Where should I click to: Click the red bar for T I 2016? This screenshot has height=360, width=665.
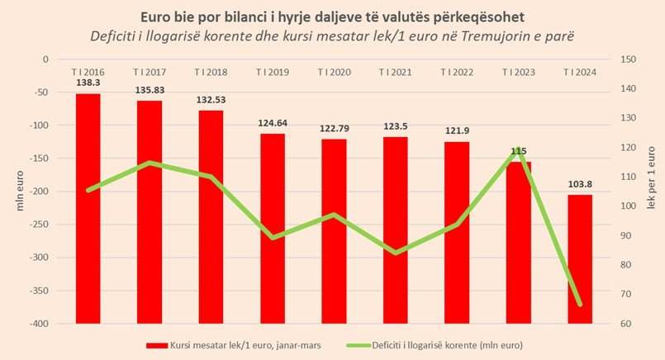click(x=88, y=206)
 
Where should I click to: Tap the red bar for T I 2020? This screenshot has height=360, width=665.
click(x=334, y=231)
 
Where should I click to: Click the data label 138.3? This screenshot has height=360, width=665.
click(x=88, y=84)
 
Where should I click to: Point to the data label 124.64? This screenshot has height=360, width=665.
click(x=273, y=125)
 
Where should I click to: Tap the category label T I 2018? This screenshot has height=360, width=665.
click(x=211, y=73)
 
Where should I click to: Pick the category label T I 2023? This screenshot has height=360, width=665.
click(x=518, y=73)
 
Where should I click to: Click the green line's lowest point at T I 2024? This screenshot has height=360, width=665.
click(x=579, y=305)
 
